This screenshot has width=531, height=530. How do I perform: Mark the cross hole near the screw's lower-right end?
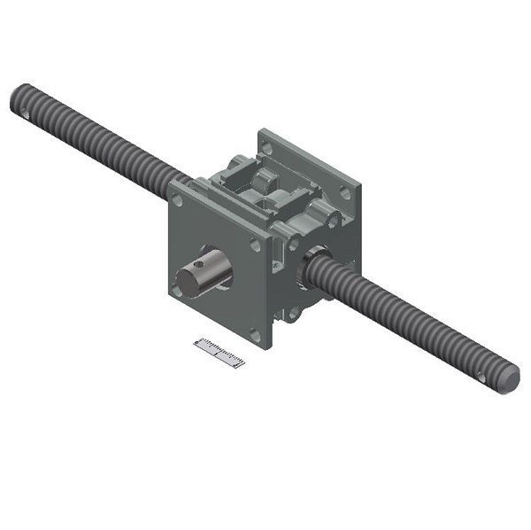pos(482,376)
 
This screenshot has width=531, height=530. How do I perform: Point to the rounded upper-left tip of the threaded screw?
pos(18,93)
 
